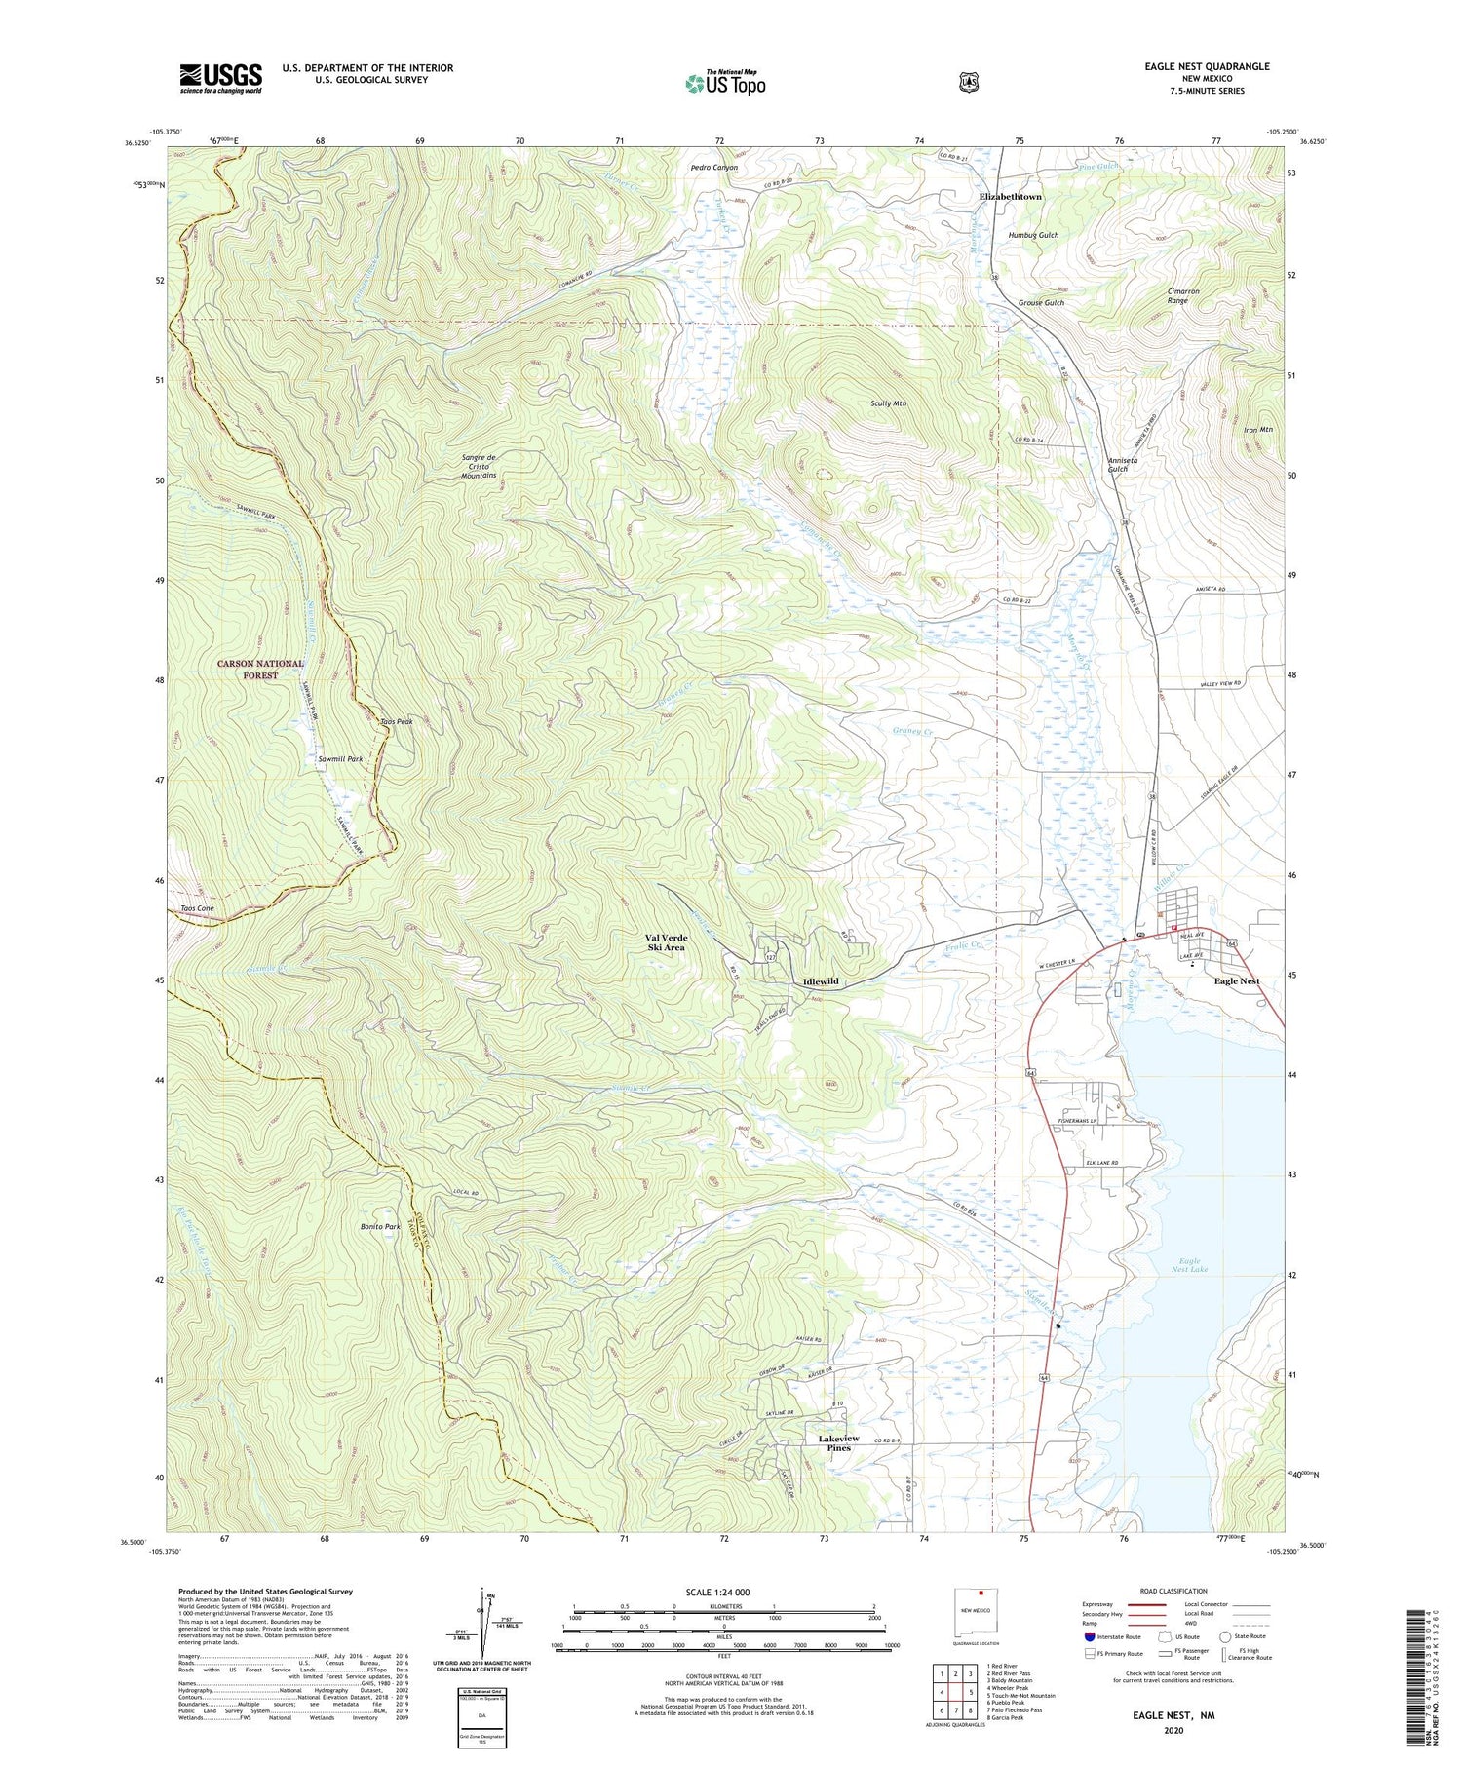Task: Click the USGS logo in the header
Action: pyautogui.click(x=220, y=78)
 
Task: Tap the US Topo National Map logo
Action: pyautogui.click(x=725, y=83)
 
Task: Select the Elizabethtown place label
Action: pyautogui.click(x=1010, y=197)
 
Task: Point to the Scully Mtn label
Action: pyautogui.click(x=889, y=403)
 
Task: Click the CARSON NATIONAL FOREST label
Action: pyautogui.click(x=260, y=670)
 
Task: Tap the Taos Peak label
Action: pyautogui.click(x=397, y=722)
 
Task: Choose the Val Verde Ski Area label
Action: pyautogui.click(x=666, y=942)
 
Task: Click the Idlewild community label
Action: pyautogui.click(x=821, y=981)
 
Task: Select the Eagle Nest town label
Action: pyautogui.click(x=1236, y=981)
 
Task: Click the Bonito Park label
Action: pyautogui.click(x=380, y=1227)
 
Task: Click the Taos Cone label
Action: pyautogui.click(x=197, y=908)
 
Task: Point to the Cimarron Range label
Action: pyautogui.click(x=1182, y=296)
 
